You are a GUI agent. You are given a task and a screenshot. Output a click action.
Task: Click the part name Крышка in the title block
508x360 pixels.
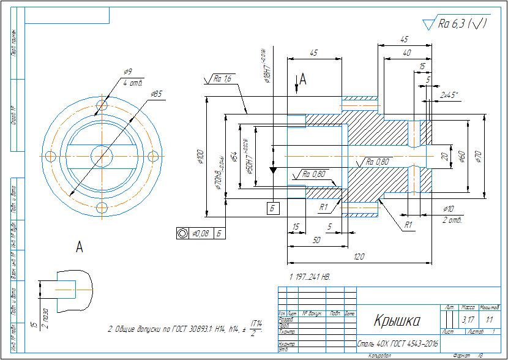point(397,321)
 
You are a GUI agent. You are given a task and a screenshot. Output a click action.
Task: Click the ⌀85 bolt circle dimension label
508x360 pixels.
point(155,94)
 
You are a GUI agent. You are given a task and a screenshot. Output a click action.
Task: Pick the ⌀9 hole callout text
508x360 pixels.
point(129,72)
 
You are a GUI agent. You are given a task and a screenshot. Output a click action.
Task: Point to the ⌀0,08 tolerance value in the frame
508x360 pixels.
point(201,233)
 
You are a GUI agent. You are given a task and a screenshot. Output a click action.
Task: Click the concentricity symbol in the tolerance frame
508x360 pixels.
point(182,233)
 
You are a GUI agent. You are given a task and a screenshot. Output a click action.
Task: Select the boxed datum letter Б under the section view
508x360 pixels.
point(273,209)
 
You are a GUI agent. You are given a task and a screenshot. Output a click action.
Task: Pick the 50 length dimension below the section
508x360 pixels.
point(316,240)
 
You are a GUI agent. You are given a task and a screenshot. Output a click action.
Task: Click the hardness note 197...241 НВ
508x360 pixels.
point(310,277)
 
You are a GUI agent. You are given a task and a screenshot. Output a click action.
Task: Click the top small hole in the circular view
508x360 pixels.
point(102,106)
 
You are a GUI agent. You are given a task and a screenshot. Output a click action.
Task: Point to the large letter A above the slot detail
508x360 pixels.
point(79,247)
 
